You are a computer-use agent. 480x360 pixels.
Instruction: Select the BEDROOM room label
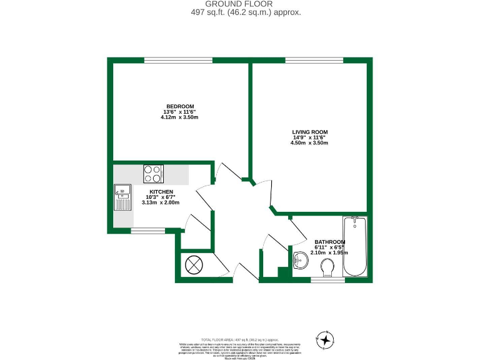point(180,106)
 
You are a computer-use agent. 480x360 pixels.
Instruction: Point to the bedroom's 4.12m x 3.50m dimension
point(180,117)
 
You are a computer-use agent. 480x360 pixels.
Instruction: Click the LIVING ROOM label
point(309,132)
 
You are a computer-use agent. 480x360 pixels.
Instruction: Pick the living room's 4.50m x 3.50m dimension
point(309,143)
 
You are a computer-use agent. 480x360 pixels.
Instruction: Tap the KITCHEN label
point(161,191)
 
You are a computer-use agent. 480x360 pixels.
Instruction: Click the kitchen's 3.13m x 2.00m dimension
point(161,202)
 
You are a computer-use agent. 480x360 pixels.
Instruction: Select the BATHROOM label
point(329,242)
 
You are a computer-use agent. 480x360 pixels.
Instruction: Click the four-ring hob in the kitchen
point(153,173)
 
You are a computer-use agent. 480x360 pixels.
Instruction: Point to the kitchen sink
point(121,199)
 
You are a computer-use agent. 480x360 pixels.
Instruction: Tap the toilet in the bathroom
point(326,268)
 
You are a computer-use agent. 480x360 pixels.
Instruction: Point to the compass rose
point(326,339)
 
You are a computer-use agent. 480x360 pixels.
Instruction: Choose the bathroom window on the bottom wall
point(327,280)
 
